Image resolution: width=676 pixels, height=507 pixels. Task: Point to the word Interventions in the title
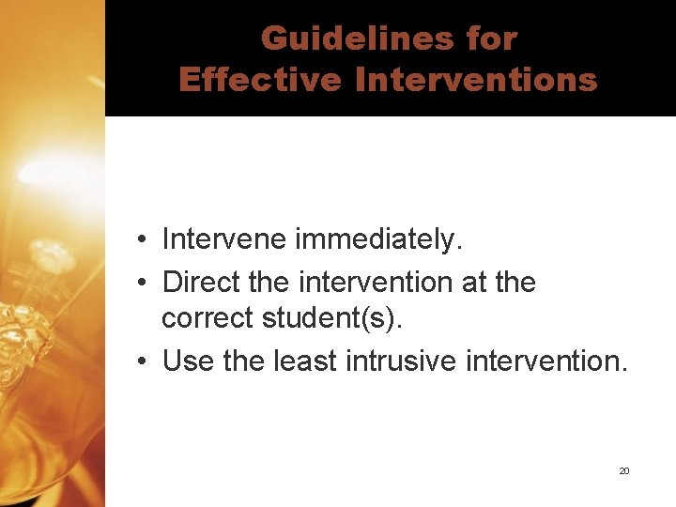(x=477, y=80)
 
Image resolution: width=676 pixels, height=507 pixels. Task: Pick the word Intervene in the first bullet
(x=224, y=239)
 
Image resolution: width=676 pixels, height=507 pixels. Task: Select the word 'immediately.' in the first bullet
(x=379, y=240)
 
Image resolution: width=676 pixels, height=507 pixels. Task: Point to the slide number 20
(x=623, y=470)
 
